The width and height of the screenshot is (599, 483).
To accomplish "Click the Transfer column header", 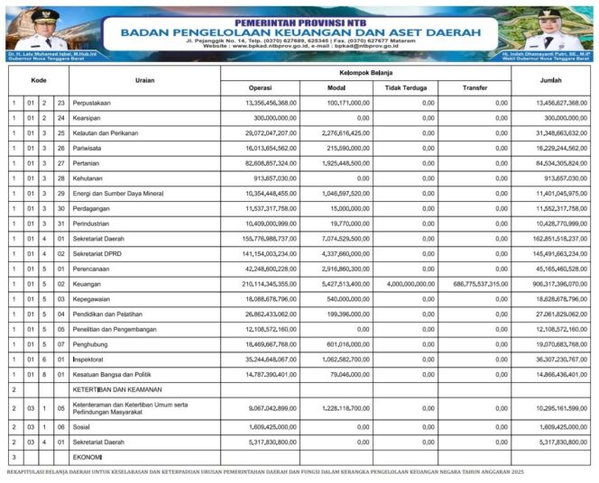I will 475,87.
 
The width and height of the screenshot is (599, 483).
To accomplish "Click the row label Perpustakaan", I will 96,103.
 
